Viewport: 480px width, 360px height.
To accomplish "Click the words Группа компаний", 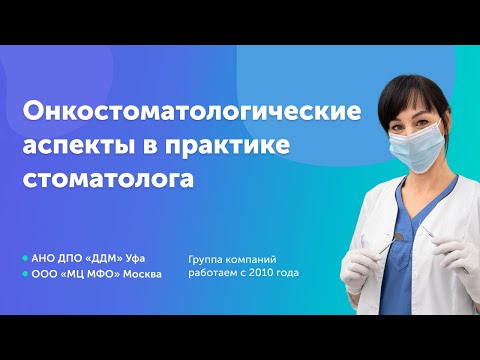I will [232, 257].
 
